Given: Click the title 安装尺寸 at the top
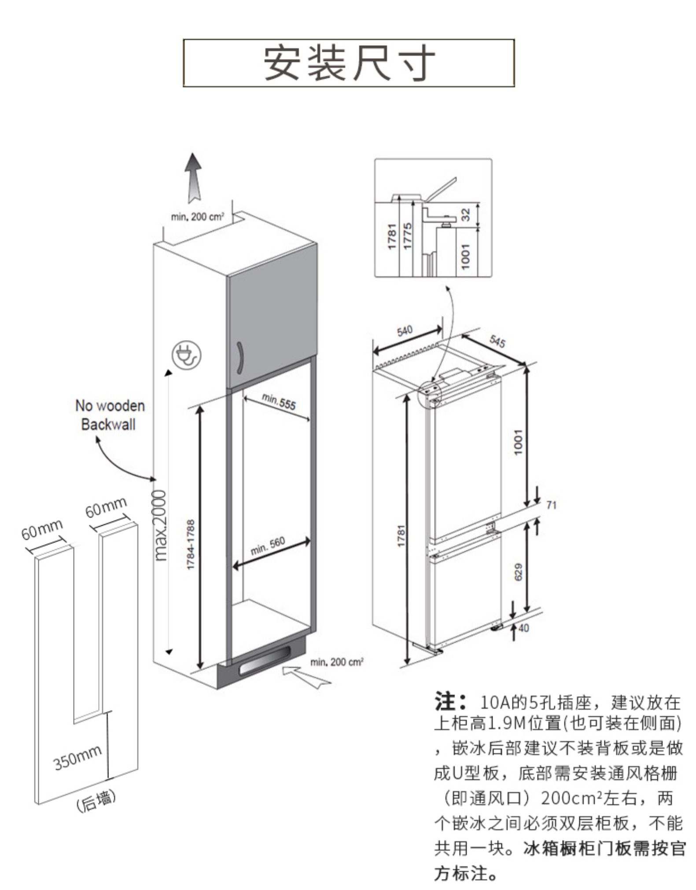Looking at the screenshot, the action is click(349, 62).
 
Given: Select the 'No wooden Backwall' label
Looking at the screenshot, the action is click(110, 414).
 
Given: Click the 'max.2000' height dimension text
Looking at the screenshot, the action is click(162, 525).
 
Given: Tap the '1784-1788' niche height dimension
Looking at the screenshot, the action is click(191, 545).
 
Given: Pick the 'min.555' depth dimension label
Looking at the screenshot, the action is click(279, 401).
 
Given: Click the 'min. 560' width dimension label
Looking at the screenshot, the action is click(268, 546).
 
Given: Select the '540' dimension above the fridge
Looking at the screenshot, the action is click(405, 330).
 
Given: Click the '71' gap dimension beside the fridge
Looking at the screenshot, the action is click(551, 505).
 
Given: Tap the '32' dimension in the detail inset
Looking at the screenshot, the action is click(466, 214).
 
